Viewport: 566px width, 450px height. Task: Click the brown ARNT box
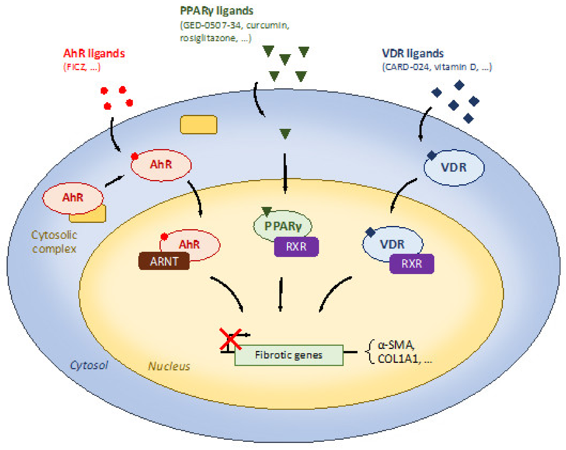[164, 261]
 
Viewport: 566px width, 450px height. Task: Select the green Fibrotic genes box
[289, 355]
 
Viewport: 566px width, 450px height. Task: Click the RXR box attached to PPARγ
[296, 247]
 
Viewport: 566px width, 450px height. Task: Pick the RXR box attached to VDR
[412, 264]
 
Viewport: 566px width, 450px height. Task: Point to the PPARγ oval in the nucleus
[283, 226]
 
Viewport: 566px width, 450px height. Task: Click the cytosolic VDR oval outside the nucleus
[454, 168]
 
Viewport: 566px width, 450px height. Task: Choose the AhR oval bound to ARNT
[190, 245]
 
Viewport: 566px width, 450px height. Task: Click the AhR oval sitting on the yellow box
[73, 198]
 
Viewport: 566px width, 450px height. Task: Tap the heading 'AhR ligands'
[94, 53]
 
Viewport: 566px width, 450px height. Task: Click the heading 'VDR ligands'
[413, 53]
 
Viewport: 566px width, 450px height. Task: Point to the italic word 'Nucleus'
[169, 366]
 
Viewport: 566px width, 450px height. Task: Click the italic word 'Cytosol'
[89, 365]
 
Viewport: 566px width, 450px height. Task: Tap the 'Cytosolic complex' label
[54, 242]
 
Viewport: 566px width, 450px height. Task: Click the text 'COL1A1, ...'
[404, 359]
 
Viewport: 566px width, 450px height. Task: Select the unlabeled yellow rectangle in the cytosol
[198, 125]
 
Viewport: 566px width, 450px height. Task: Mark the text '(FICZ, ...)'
[82, 67]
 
